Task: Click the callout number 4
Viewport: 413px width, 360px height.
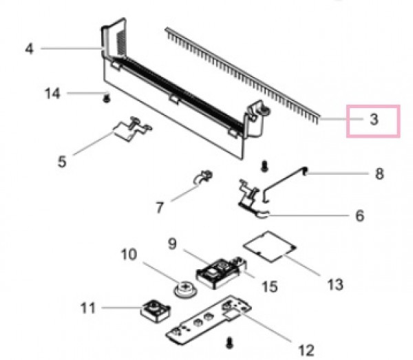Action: pyautogui.click(x=30, y=49)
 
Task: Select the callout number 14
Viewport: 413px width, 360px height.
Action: pyautogui.click(x=52, y=94)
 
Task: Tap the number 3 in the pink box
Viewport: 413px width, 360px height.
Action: pyautogui.click(x=374, y=119)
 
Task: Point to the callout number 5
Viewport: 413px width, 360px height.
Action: pyautogui.click(x=62, y=162)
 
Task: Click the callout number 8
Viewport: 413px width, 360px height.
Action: pyautogui.click(x=379, y=174)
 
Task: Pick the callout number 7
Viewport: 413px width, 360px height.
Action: pyautogui.click(x=160, y=207)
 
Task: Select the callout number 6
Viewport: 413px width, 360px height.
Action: pyautogui.click(x=360, y=215)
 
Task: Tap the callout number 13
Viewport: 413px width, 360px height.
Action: pyautogui.click(x=335, y=285)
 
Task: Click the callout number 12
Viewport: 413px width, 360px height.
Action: pyautogui.click(x=306, y=350)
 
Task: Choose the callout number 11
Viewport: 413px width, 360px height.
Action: pyautogui.click(x=87, y=308)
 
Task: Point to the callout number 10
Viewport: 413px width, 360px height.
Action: pyautogui.click(x=129, y=255)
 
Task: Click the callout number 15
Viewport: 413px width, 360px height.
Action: pyautogui.click(x=269, y=286)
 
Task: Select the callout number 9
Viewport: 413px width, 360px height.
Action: pyautogui.click(x=172, y=244)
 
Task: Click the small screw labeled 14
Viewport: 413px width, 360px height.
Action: pyautogui.click(x=106, y=98)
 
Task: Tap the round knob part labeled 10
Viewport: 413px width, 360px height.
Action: pyautogui.click(x=185, y=289)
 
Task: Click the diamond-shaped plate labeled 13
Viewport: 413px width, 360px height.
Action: pyautogui.click(x=269, y=246)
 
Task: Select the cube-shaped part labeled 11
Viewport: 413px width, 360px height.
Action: pyautogui.click(x=156, y=311)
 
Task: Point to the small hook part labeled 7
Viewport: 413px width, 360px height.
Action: pyautogui.click(x=203, y=177)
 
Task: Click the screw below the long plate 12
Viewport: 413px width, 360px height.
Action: pyautogui.click(x=230, y=343)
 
